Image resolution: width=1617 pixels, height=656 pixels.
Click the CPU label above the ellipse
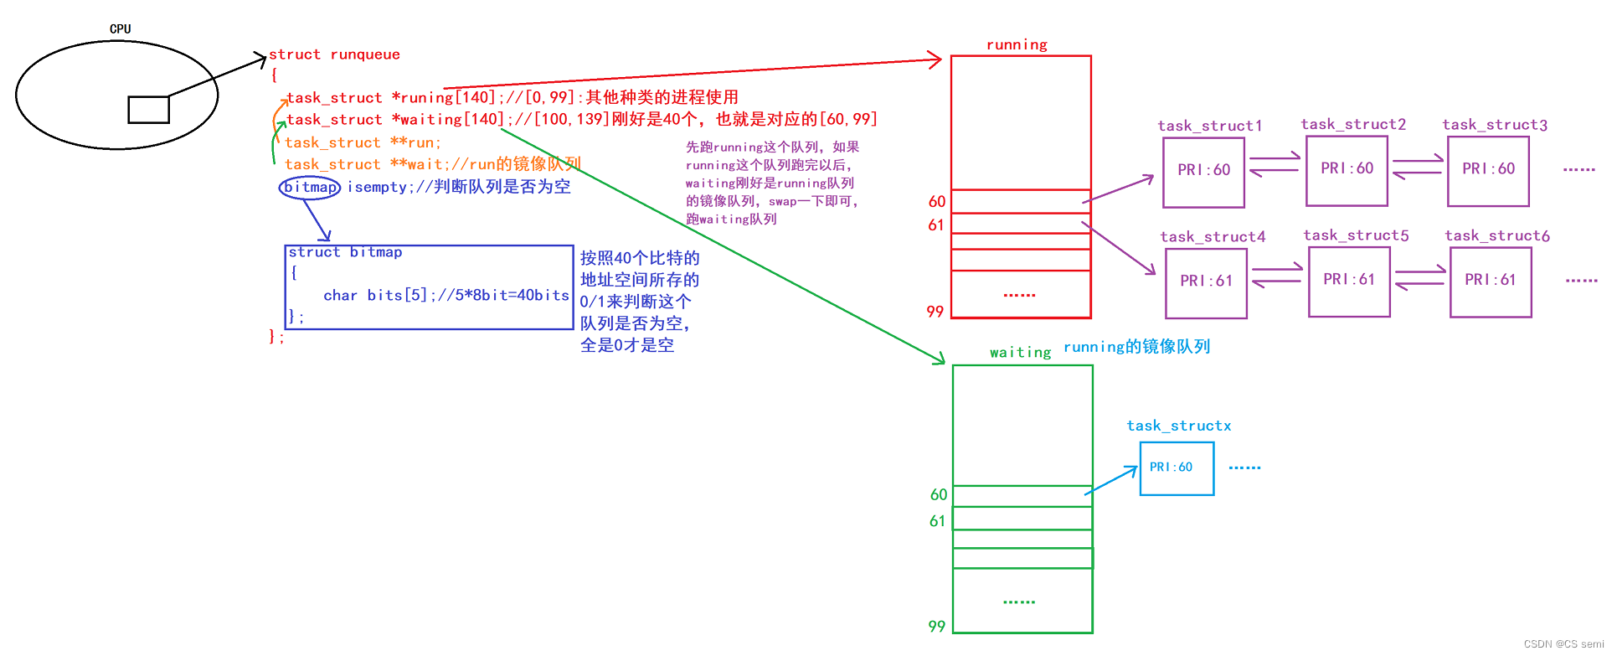coord(120,28)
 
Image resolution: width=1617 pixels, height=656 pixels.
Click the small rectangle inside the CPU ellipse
coord(148,110)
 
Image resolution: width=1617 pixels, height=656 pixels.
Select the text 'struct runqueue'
coord(334,54)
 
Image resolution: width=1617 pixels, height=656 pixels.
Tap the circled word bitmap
coord(310,187)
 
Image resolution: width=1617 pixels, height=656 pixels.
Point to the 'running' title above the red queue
coord(1017,44)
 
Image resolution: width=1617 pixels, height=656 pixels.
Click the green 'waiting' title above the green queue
coord(1020,352)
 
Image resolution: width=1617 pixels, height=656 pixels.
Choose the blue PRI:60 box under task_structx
coord(1177,468)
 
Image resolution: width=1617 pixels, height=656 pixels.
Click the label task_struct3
coord(1495,125)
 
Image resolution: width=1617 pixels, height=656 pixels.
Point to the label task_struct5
coord(1356,235)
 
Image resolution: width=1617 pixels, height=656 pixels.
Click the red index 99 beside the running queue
coord(935,312)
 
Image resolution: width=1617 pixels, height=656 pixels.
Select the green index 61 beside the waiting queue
coord(938,521)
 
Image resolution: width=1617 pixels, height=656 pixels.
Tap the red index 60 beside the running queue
coord(937,202)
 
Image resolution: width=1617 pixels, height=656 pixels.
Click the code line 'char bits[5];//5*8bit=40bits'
coord(445,296)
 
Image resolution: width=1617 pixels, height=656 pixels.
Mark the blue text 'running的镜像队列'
coord(1136,347)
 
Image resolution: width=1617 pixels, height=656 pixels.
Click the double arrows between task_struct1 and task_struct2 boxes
coord(1275,164)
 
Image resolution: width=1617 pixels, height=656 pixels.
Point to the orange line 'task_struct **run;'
coord(363,142)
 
